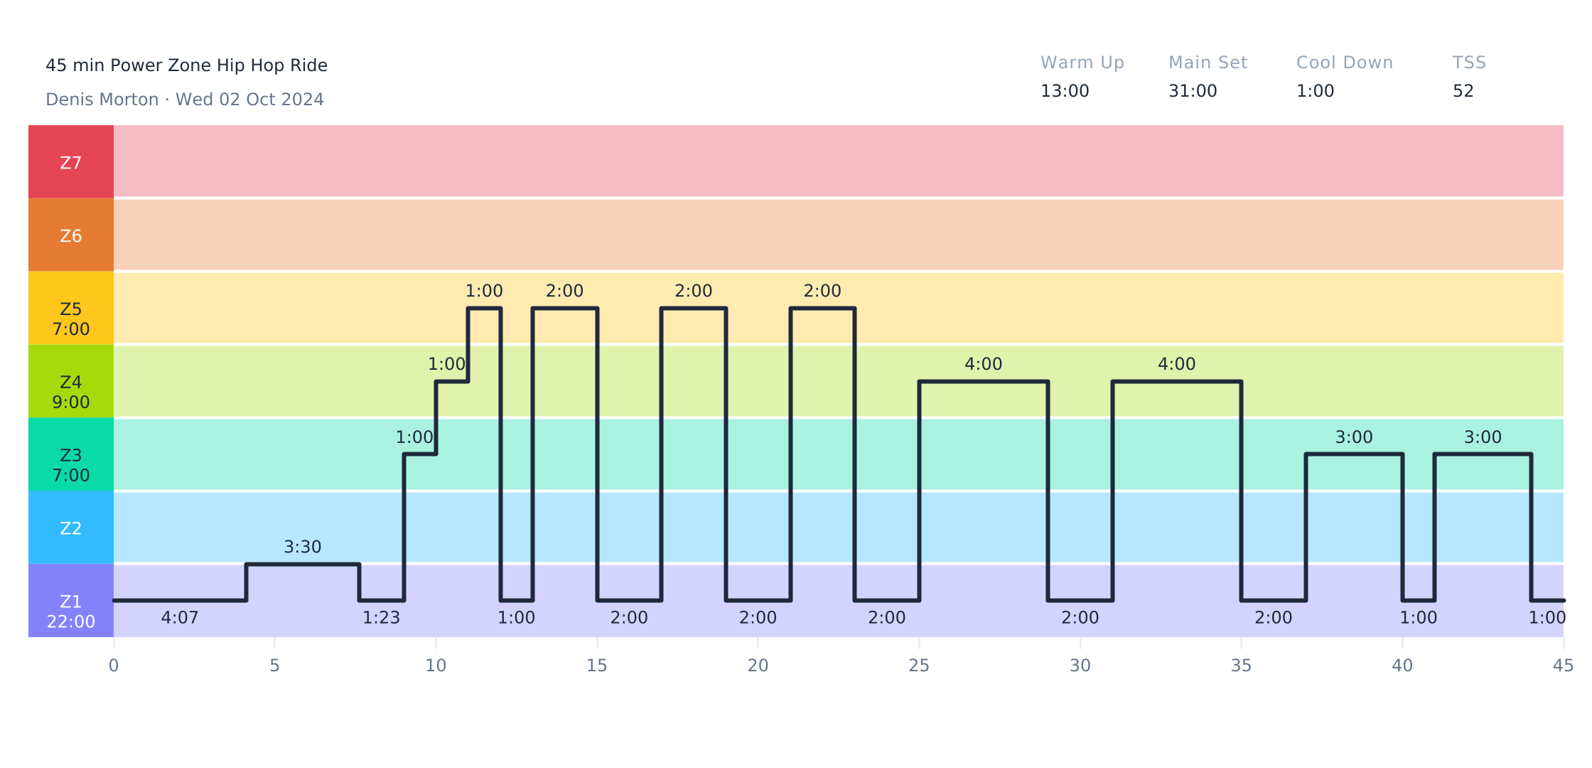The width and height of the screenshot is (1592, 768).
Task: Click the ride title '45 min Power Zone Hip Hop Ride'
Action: click(186, 65)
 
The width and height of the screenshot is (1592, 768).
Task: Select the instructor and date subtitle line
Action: click(185, 100)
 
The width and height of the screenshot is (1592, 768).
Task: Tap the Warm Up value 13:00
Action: click(1065, 91)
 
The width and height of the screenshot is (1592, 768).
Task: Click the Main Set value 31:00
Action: click(1193, 91)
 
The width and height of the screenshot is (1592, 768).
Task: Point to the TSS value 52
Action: click(1463, 91)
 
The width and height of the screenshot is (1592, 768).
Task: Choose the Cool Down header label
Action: click(1344, 63)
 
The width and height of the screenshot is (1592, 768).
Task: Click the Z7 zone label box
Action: click(71, 162)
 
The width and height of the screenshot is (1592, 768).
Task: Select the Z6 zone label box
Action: click(71, 235)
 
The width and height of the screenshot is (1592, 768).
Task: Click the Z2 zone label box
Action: click(71, 528)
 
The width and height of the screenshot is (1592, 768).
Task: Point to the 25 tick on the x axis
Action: click(919, 666)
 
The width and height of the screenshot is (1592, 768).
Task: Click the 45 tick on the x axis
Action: click(1563, 666)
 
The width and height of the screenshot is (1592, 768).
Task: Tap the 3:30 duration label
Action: click(303, 547)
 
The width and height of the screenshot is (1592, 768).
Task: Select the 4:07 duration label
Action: click(180, 618)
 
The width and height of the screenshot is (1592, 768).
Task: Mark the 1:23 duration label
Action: click(382, 618)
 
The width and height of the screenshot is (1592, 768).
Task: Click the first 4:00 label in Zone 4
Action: click(983, 364)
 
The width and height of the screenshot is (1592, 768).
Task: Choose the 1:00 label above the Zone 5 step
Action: click(484, 291)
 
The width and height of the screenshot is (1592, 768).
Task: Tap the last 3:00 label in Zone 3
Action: click(1483, 437)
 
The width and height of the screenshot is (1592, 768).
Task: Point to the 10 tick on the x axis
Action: click(436, 666)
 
